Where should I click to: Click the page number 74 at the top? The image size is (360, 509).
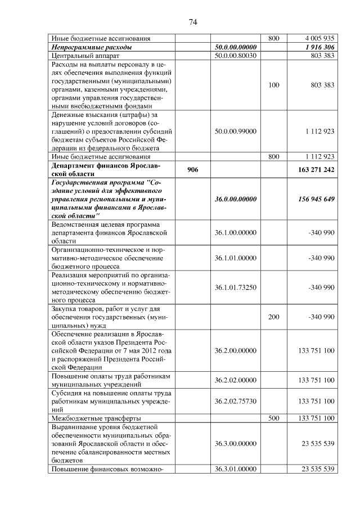(x=192, y=22)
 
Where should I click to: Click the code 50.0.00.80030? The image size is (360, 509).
(x=236, y=56)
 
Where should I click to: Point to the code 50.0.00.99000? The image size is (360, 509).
(x=236, y=131)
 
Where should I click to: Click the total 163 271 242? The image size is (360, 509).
(x=313, y=169)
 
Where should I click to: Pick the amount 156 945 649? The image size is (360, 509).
(x=313, y=199)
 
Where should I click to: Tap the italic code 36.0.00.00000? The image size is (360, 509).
(x=236, y=199)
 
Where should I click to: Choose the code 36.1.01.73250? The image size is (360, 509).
(x=236, y=287)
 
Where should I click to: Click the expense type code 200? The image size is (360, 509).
(x=274, y=317)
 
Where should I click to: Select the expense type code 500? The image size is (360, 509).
(x=274, y=418)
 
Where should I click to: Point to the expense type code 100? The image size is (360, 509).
(x=274, y=85)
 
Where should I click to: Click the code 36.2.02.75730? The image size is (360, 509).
(x=236, y=401)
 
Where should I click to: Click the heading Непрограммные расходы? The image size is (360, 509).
(x=91, y=47)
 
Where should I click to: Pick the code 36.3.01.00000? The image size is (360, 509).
(x=236, y=469)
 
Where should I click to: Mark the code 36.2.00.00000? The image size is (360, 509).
(x=236, y=350)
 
